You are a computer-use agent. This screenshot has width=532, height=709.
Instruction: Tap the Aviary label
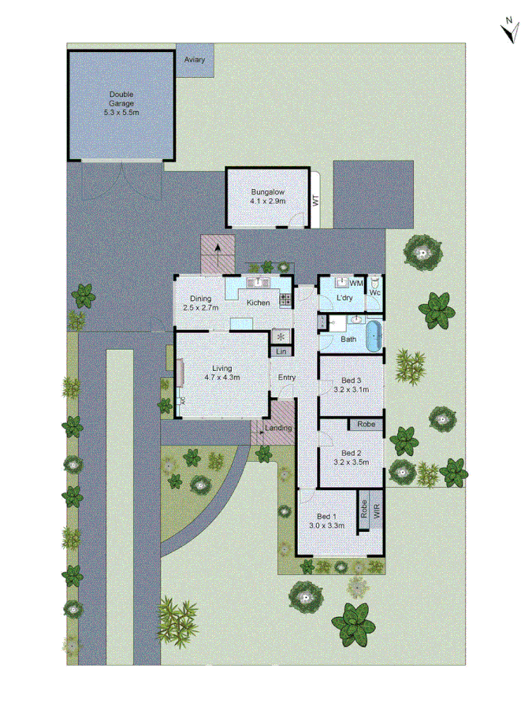point(194,60)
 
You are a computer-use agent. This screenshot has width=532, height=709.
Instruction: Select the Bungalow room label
point(267,192)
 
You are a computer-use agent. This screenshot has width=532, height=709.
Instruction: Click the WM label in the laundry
point(356,282)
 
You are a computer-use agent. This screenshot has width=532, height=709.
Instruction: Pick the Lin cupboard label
point(281,351)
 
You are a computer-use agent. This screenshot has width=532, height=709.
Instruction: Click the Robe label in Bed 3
point(366,424)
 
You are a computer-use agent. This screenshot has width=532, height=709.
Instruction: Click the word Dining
point(200,298)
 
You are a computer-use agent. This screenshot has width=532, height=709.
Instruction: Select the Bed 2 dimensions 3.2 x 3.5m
point(352,463)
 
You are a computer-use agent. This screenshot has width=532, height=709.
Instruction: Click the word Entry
point(287,377)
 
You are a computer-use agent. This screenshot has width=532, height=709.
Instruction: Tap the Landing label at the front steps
point(279,428)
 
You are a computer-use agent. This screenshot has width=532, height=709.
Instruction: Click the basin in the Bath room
point(356,320)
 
